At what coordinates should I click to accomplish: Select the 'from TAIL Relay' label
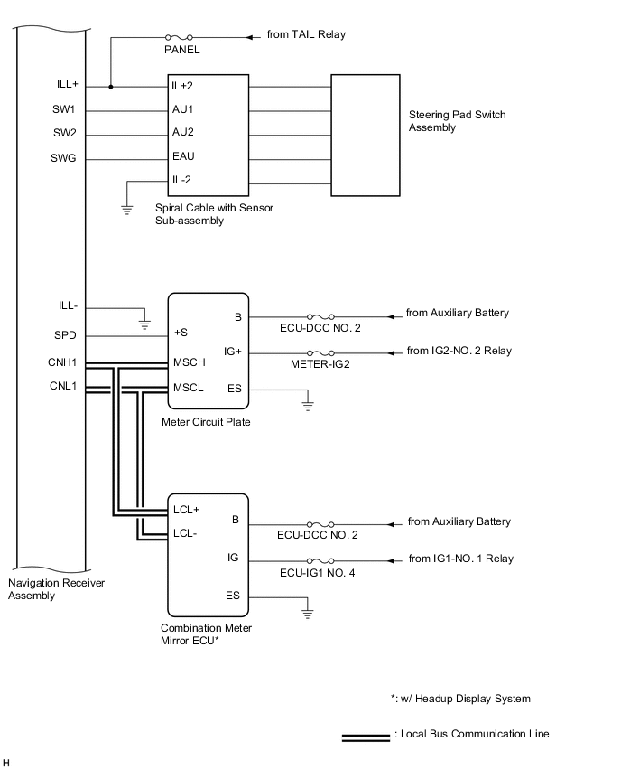[306, 34]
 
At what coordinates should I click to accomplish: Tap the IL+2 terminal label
[183, 87]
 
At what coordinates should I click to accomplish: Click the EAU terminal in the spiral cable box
[183, 156]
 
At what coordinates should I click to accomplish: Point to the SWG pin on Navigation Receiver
[65, 159]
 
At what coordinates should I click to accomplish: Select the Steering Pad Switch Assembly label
[457, 121]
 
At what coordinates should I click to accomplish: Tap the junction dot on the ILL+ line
[110, 87]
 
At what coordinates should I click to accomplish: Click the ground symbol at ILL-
[143, 319]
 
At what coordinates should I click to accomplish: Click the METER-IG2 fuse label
[320, 365]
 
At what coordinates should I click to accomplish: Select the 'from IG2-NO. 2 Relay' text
[459, 351]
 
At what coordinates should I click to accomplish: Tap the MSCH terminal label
[188, 363]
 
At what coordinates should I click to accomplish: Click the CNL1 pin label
[64, 386]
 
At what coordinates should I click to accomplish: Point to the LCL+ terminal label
[186, 509]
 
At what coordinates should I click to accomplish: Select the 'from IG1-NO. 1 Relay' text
[460, 559]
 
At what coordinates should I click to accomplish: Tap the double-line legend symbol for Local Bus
[366, 738]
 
